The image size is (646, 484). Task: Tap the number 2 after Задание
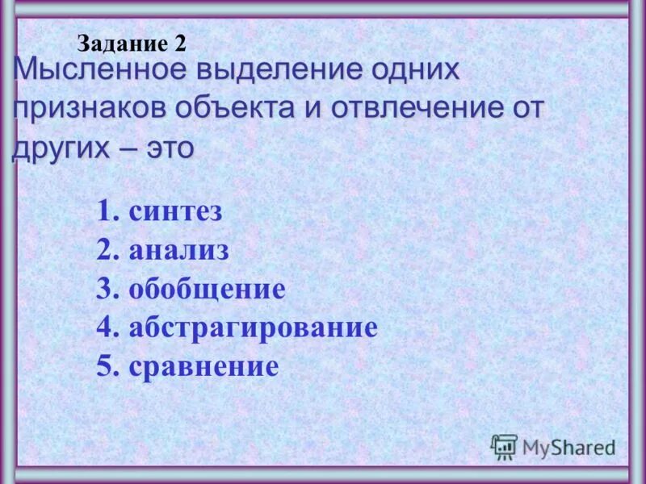click(x=179, y=44)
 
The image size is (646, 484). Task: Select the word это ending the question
click(x=169, y=149)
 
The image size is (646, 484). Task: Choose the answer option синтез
click(x=175, y=213)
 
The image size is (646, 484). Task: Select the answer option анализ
click(x=178, y=251)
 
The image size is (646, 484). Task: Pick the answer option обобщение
click(x=207, y=290)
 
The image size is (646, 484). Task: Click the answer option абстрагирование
click(x=253, y=328)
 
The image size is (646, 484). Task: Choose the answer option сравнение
click(x=203, y=367)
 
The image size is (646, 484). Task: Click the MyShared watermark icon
click(x=504, y=446)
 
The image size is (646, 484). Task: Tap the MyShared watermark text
click(x=568, y=447)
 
